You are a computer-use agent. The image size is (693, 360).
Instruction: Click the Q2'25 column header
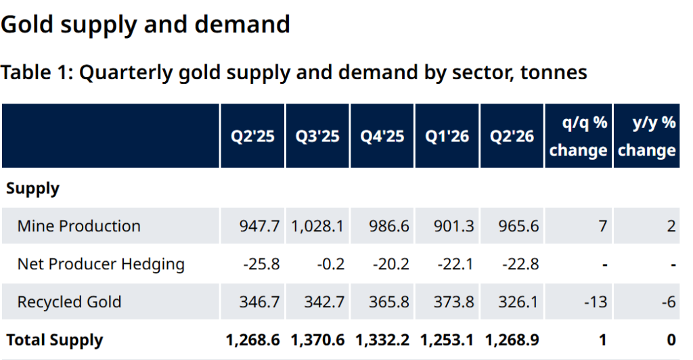tap(252, 136)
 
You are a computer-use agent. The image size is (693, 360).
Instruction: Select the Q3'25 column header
tap(317, 136)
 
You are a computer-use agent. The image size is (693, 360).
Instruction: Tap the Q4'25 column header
tap(382, 136)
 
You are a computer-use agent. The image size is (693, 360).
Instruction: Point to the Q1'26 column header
tap(447, 136)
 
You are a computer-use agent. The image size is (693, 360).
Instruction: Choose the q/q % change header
tap(579, 136)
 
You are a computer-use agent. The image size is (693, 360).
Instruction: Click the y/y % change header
tap(646, 136)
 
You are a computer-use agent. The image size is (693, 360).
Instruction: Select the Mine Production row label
tap(79, 226)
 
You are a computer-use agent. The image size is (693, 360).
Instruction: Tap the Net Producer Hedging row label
tap(101, 264)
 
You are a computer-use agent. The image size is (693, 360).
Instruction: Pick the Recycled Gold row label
tap(69, 302)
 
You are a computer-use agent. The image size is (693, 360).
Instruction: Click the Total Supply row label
tap(54, 340)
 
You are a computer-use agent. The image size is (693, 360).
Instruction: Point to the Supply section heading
tap(32, 189)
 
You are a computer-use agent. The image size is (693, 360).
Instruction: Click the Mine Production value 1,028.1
tap(317, 226)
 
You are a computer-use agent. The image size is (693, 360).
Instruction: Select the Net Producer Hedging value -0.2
tap(330, 264)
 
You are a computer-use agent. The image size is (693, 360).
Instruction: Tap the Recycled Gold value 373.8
tap(453, 302)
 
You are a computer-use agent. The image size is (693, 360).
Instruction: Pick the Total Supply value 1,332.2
tap(382, 340)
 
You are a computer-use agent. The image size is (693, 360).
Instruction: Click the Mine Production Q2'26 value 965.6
tap(518, 226)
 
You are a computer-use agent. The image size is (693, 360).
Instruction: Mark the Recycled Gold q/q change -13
tap(596, 302)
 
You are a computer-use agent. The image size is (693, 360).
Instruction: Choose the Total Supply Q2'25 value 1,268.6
tap(253, 340)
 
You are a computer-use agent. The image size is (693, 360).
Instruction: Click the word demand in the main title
tap(242, 24)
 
